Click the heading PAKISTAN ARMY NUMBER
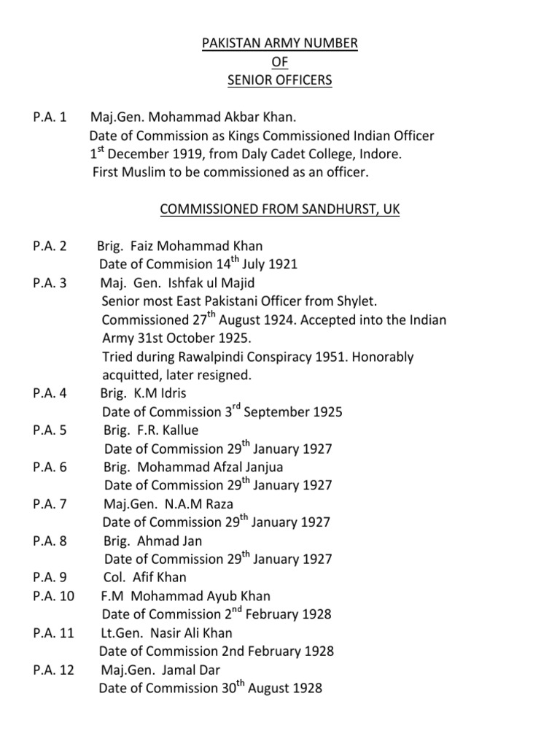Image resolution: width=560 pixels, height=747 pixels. coord(280,44)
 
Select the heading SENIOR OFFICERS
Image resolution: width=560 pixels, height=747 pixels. coord(280,80)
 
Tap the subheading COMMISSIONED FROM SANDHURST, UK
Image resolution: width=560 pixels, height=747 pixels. coord(280,209)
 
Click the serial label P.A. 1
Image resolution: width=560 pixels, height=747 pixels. coord(50,117)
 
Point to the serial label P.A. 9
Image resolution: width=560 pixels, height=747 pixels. coord(50,577)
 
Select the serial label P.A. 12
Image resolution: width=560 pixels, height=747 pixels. coord(53,669)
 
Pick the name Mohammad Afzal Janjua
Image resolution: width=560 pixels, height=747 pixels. coord(210,467)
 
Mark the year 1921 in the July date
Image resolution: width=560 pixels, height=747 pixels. coord(283,264)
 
